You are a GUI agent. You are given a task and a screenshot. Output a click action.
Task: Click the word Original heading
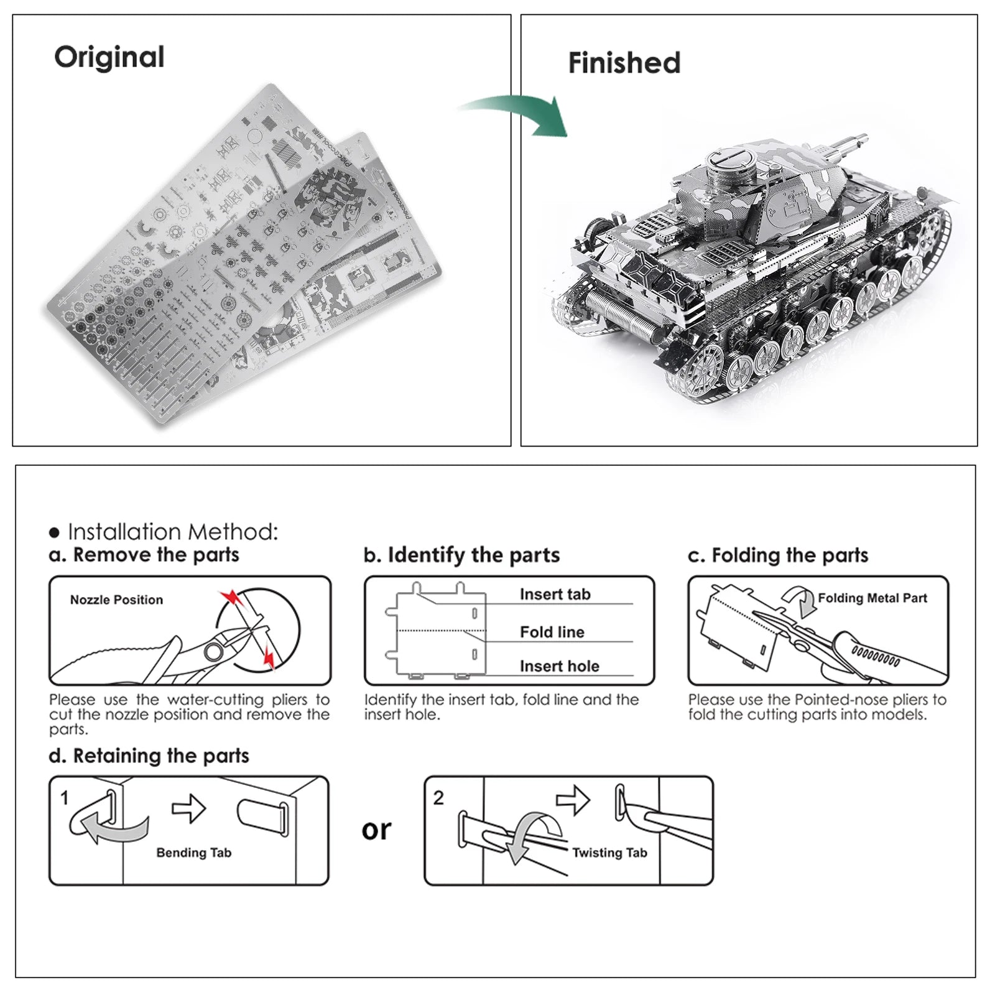tap(109, 57)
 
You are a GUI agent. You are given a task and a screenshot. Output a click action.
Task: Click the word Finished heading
tap(624, 63)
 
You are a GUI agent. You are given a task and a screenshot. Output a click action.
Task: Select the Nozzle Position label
tap(116, 600)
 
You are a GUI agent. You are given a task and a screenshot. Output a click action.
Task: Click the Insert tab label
tap(555, 595)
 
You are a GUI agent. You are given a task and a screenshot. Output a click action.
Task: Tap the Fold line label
tap(552, 632)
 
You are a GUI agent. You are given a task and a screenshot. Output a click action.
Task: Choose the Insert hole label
tap(559, 667)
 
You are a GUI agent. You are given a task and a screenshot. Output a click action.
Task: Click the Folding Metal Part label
tap(872, 598)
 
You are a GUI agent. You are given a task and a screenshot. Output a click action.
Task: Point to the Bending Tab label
tap(193, 853)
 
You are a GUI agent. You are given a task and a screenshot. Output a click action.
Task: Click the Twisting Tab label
tap(609, 853)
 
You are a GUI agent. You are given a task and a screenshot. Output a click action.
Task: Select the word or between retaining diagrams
tap(376, 830)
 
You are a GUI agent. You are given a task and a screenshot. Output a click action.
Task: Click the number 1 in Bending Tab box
tap(65, 798)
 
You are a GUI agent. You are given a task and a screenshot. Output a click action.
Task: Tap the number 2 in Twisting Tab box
tap(438, 798)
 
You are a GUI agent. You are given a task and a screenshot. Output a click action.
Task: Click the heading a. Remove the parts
tap(144, 555)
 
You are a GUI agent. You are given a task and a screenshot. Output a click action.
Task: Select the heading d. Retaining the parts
tap(149, 756)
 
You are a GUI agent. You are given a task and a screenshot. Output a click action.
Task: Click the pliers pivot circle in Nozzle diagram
tap(213, 652)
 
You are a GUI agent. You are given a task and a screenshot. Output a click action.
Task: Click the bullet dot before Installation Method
tap(55, 533)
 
